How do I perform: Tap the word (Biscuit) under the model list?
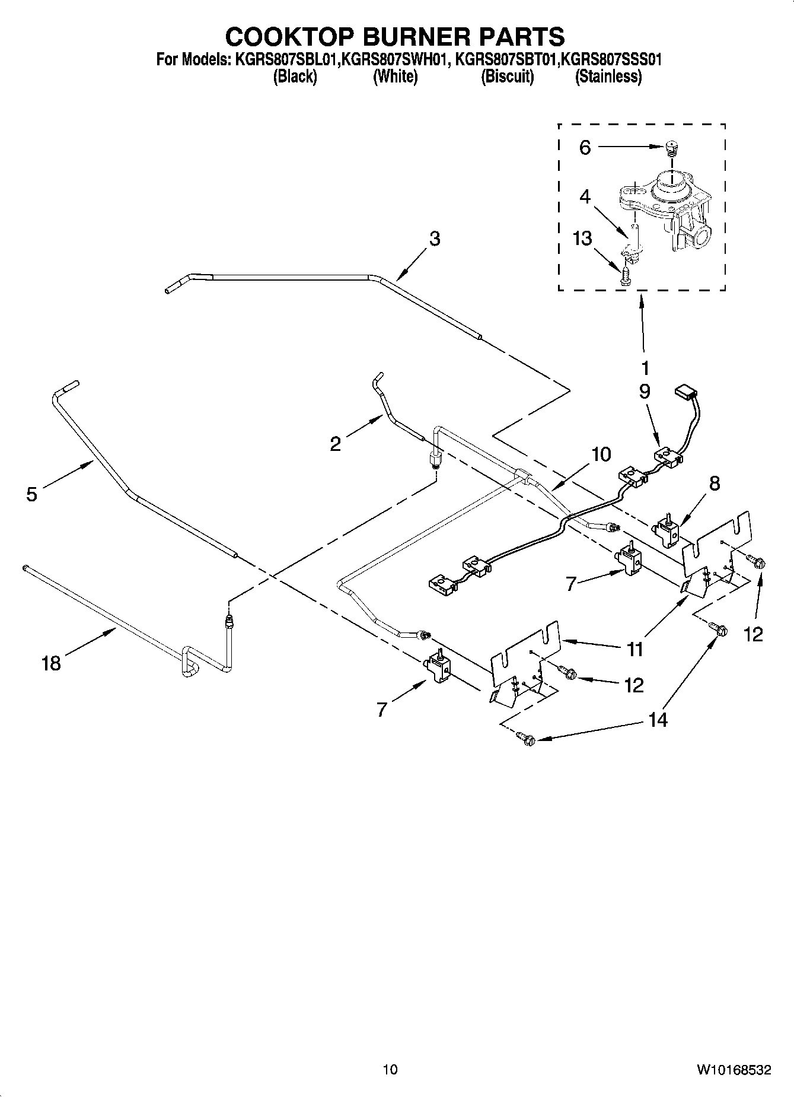pos(507,77)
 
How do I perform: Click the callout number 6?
pos(585,148)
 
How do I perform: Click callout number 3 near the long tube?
pos(435,239)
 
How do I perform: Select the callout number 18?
pos(52,663)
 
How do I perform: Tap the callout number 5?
pos(31,494)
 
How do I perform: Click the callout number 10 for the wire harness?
pos(601,454)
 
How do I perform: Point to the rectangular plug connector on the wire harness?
pos(685,392)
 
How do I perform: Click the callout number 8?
pos(715,484)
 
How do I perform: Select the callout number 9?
pos(645,392)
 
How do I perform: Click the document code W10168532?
pos(734,1070)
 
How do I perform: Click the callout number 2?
pos(336,444)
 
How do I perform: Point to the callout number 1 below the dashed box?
pos(645,368)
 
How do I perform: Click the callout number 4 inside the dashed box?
pos(585,197)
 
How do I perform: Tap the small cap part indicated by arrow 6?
pos(672,146)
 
